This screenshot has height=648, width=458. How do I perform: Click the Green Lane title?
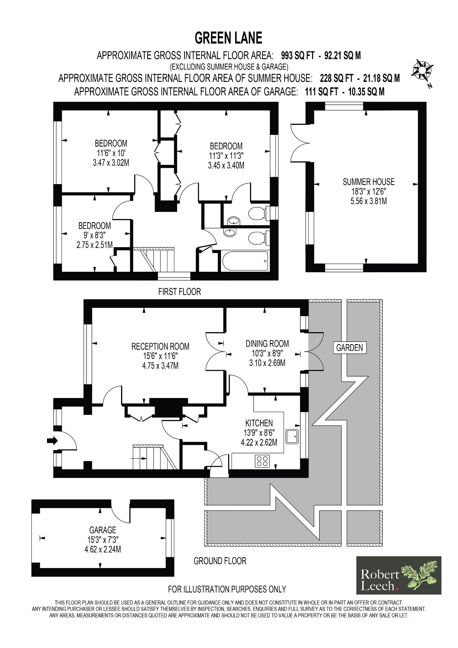point(228,38)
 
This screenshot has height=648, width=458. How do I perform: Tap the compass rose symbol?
point(422,70)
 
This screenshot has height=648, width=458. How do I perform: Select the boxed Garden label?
point(350,348)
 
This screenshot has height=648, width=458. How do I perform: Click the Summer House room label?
point(369,182)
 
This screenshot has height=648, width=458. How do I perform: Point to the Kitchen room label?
point(259,423)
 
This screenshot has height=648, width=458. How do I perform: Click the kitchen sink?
point(292,436)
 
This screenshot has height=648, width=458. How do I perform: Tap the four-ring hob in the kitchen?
point(262,461)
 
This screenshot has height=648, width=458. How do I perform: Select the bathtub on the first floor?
point(245,260)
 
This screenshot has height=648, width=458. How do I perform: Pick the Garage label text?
point(103,530)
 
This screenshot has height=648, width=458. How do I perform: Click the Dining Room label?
point(267,344)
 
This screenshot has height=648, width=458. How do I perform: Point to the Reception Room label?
point(160,346)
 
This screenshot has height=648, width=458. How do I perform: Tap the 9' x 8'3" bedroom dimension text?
point(95,235)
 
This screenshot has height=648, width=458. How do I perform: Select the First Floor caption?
point(179,292)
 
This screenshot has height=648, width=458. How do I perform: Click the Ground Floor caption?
point(220,561)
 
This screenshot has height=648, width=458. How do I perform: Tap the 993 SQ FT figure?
point(298,55)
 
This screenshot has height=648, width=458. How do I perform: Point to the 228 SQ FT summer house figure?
point(337,78)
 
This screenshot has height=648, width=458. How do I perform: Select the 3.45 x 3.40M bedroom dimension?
point(226,166)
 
